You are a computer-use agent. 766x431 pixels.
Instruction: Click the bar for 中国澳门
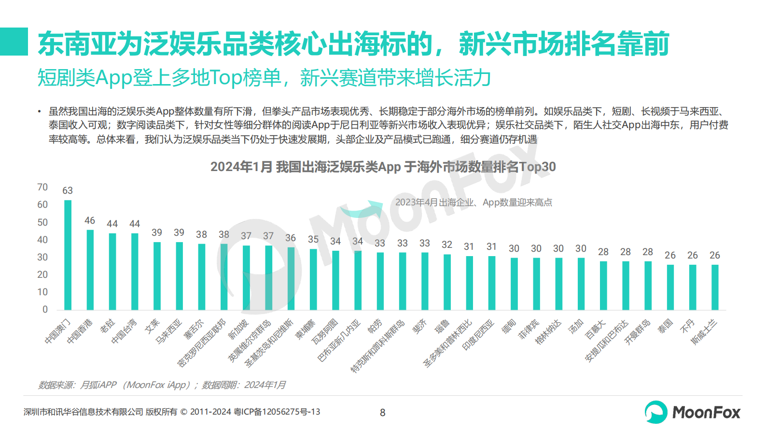pos(68,255)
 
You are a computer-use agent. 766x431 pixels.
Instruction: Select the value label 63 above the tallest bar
pos(68,190)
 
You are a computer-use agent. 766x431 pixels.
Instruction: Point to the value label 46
pos(90,220)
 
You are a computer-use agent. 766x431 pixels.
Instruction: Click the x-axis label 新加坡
pos(238,330)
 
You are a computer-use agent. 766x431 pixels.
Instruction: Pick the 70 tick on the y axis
pos(42,187)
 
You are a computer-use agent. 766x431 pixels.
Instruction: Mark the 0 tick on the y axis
pos(45,309)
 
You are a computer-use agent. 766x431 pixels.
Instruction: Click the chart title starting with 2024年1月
pos(383,167)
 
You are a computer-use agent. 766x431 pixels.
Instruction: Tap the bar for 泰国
pos(670,287)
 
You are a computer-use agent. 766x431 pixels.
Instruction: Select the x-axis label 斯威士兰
pos(704,332)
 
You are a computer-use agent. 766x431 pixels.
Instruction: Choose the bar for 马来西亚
pos(179,275)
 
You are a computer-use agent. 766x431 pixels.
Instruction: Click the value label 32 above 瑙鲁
pos(447,244)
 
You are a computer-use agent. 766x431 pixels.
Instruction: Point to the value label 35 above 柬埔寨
pos(313,239)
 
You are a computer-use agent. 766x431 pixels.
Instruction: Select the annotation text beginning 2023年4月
pos(474,202)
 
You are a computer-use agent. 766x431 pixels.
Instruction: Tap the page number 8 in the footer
pos(383,413)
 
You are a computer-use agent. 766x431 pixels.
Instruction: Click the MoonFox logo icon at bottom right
pos(656,412)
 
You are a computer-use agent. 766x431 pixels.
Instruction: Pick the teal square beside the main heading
pos(14,42)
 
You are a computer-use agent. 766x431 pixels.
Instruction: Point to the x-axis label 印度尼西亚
pos(478,335)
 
